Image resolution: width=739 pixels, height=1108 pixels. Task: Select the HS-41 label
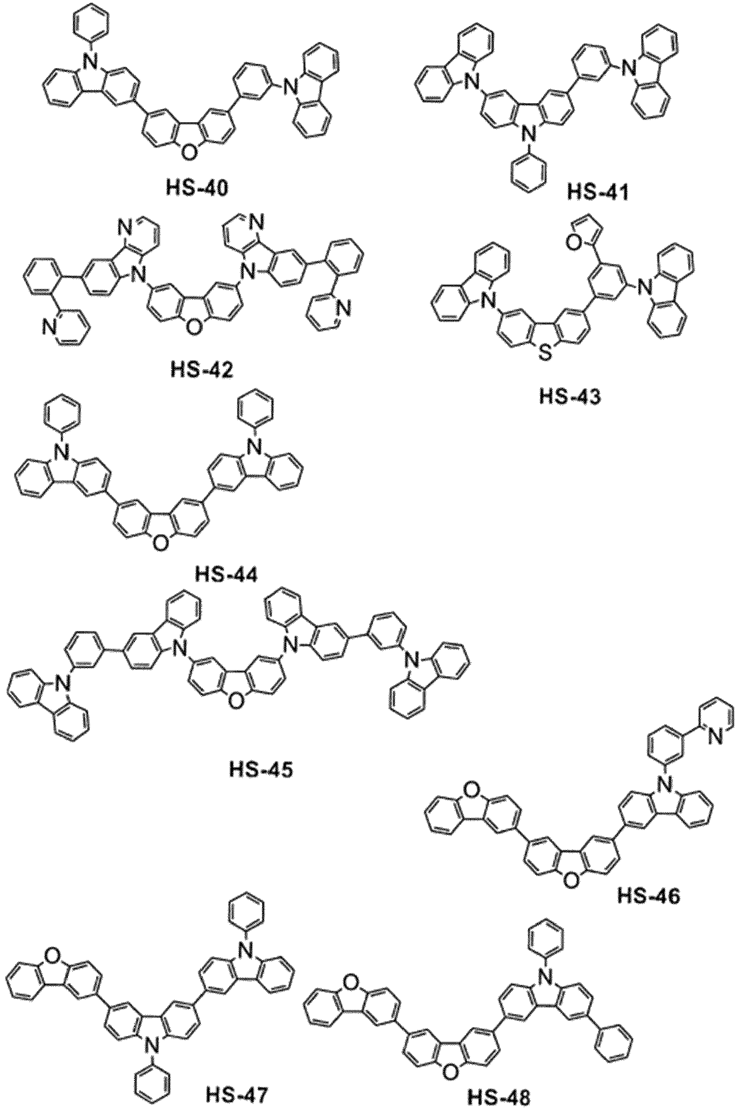tap(598, 192)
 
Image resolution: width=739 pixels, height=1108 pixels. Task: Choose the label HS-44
tap(227, 575)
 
